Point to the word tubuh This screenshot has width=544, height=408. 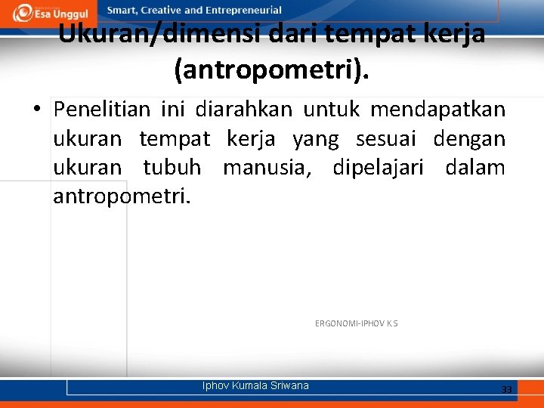(172, 168)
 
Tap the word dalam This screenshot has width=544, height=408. (475, 168)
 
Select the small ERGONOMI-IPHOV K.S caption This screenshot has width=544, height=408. (356, 323)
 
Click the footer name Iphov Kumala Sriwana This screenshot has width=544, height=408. (255, 385)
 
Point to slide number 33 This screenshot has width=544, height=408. (506, 389)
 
